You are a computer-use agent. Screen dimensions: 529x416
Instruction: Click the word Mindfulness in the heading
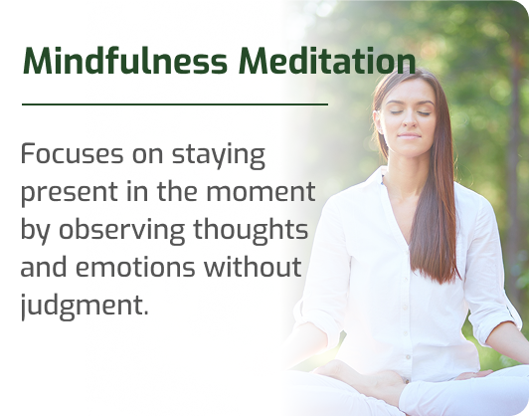click(124, 61)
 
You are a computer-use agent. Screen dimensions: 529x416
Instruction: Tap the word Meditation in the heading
click(327, 61)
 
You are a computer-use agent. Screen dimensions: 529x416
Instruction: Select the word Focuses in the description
click(72, 153)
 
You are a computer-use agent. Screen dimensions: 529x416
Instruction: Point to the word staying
click(219, 156)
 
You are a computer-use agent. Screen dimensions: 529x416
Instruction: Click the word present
click(70, 193)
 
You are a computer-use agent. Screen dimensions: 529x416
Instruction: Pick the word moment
click(261, 192)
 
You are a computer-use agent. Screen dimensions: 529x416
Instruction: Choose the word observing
click(121, 231)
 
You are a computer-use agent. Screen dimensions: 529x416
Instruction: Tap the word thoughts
click(251, 231)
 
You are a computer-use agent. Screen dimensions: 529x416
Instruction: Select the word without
click(253, 267)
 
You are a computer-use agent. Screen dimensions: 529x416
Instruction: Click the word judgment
click(85, 306)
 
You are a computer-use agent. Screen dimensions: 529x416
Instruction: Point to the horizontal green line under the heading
click(175, 104)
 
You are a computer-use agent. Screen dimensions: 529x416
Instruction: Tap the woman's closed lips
click(409, 136)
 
